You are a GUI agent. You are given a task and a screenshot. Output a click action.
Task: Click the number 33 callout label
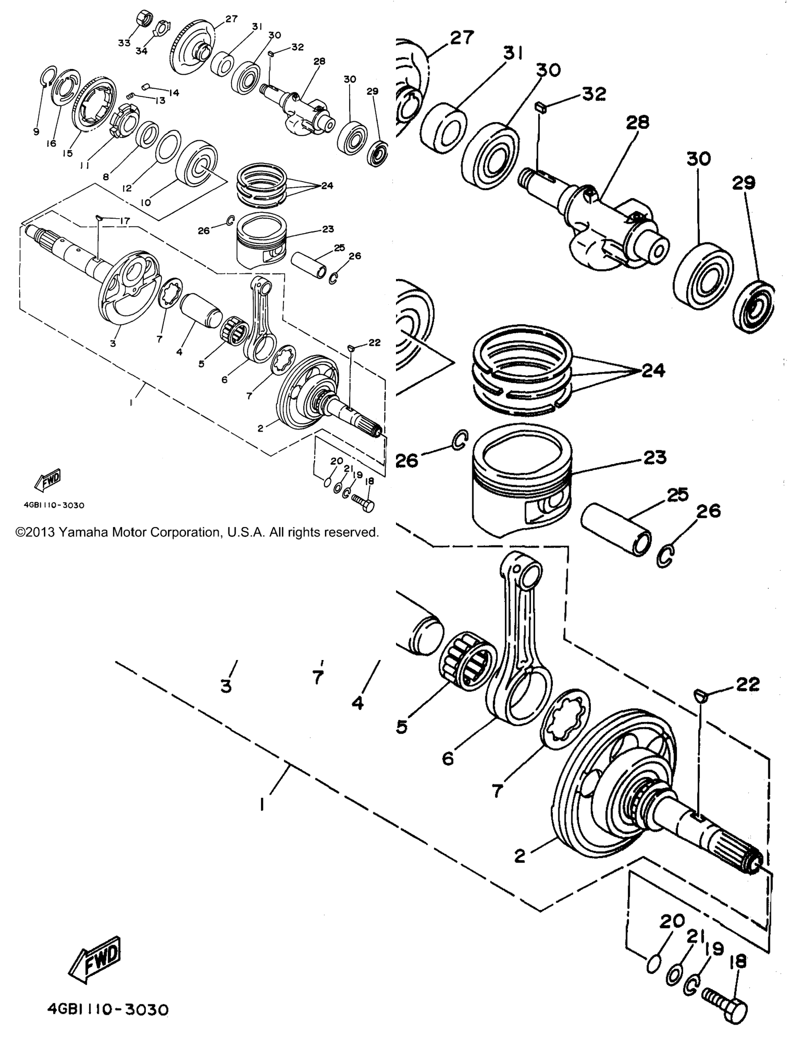[124, 43]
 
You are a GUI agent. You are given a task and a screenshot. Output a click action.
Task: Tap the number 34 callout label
[141, 51]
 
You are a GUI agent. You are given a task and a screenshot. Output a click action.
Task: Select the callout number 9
[36, 131]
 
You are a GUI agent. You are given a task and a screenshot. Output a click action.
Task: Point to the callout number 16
[51, 144]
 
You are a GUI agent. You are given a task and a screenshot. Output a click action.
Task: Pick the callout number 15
[68, 154]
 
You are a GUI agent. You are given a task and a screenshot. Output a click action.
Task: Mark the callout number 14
[174, 93]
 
